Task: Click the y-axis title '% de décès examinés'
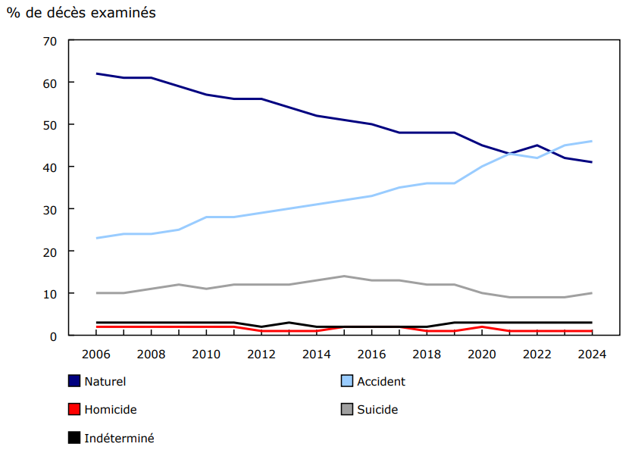[81, 13]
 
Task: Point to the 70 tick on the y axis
[50, 40]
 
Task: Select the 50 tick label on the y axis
[50, 124]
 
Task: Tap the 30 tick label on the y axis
[50, 209]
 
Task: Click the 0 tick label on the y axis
[54, 336]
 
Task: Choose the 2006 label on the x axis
[96, 354]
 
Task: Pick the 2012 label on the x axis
[261, 354]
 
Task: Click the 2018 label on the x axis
[427, 354]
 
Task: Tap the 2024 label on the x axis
[591, 354]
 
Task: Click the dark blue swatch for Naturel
[74, 381]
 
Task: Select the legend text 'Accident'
[381, 382]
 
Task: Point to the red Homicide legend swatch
[74, 409]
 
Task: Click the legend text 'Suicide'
[377, 410]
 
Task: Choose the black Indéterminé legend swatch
[74, 437]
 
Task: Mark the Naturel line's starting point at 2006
[97, 73]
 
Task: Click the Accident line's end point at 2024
[591, 141]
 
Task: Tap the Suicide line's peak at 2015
[344, 276]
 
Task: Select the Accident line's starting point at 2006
[97, 238]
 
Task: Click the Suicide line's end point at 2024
[591, 293]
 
